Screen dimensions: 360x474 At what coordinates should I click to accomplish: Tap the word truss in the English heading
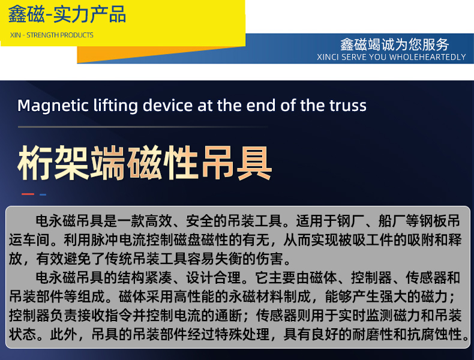pyautogui.click(x=347, y=106)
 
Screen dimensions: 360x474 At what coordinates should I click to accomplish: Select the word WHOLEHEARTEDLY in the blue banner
pyautogui.click(x=427, y=57)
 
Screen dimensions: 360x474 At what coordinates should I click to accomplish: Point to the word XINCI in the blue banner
pyautogui.click(x=329, y=57)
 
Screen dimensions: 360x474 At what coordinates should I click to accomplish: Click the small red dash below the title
pyautogui.click(x=28, y=194)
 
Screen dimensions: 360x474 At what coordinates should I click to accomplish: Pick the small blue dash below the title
pyautogui.click(x=43, y=194)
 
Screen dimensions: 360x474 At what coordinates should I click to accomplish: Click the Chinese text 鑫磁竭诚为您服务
pyautogui.click(x=394, y=44)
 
